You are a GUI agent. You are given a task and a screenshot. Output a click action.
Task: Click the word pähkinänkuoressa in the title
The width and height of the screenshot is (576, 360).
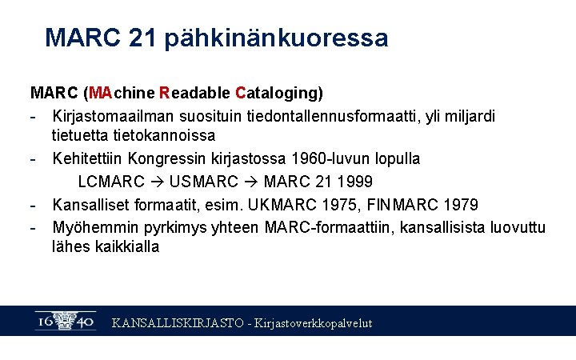[276, 38]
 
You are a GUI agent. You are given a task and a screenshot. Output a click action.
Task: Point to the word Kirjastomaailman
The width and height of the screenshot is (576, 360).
[112, 116]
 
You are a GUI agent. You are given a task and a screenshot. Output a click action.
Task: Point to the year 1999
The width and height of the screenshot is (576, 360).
[355, 182]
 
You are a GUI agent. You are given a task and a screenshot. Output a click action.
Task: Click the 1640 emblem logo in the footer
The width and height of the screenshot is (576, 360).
[66, 321]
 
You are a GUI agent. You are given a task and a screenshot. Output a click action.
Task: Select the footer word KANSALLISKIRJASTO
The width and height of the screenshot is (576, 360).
[178, 323]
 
